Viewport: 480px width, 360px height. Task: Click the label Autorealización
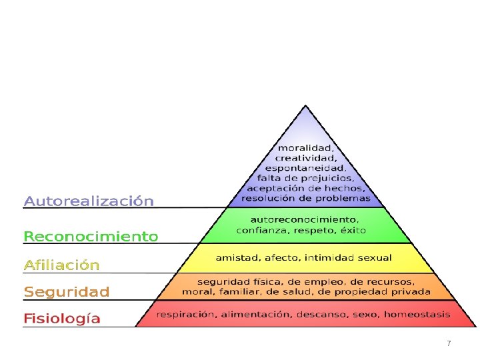pyautogui.click(x=89, y=201)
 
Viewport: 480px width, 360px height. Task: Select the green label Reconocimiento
pyautogui.click(x=91, y=236)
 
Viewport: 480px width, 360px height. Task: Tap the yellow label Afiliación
pyautogui.click(x=61, y=265)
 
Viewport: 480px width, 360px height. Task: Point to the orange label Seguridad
pyautogui.click(x=67, y=291)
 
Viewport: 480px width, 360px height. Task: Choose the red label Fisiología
pyautogui.click(x=62, y=319)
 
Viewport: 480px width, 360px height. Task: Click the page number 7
pyautogui.click(x=449, y=343)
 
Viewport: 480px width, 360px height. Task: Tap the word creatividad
pyautogui.click(x=305, y=158)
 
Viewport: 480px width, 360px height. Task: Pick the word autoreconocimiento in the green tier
pyautogui.click(x=305, y=219)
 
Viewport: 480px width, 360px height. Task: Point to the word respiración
pyautogui.click(x=186, y=314)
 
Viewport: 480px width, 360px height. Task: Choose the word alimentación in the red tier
pyautogui.click(x=257, y=314)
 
